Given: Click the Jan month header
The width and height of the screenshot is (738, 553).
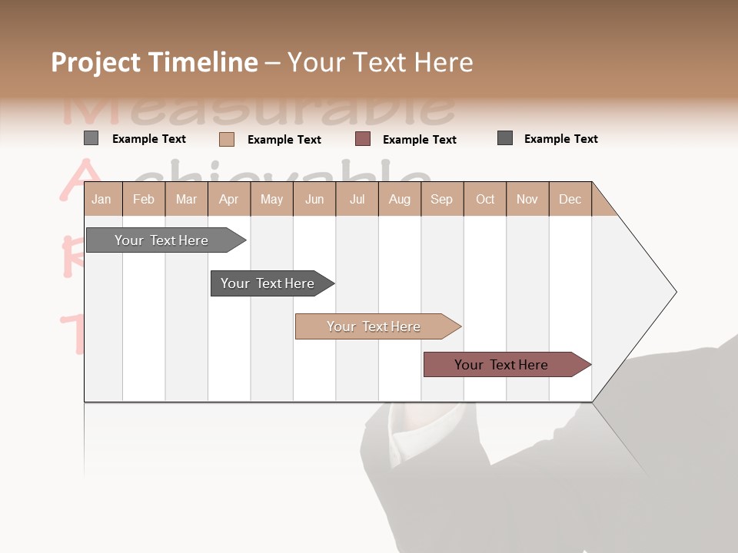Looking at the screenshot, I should (x=102, y=199).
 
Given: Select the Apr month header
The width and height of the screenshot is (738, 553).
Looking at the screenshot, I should (x=229, y=199).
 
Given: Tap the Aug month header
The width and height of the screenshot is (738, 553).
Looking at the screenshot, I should (x=400, y=199).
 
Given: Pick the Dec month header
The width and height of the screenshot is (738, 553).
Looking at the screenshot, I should (x=570, y=199).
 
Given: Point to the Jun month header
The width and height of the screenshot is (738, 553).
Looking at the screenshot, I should (x=314, y=199).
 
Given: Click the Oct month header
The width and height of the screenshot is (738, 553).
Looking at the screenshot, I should (x=485, y=199).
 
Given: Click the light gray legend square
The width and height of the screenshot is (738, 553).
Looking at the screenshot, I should (x=91, y=138).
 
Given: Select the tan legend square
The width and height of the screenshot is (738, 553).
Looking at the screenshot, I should (x=227, y=139).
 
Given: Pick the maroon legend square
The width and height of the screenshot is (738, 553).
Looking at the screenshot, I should (x=363, y=139).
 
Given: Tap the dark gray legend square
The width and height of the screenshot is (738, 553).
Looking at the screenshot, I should (x=505, y=138).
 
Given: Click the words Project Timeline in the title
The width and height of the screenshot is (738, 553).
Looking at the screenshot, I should (x=154, y=62).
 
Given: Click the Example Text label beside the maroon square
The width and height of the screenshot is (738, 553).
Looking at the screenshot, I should (x=419, y=140).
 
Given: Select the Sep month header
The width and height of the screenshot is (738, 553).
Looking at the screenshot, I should (x=441, y=199).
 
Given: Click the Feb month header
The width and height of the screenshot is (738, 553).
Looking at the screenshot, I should (x=144, y=199).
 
